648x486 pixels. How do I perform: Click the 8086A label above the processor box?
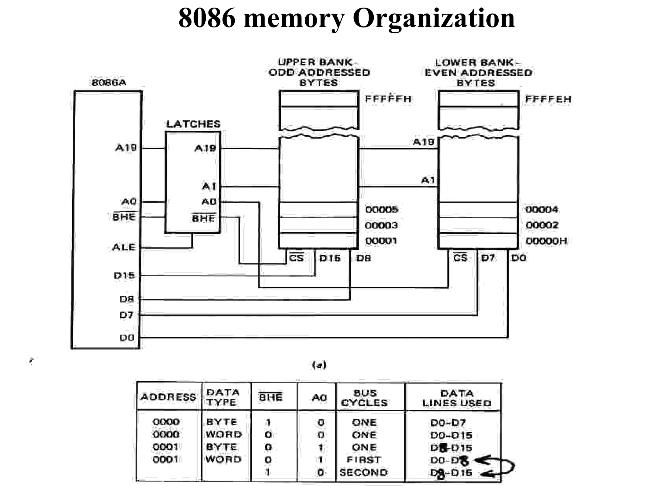coord(109,83)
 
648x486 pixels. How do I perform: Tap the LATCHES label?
coord(193,124)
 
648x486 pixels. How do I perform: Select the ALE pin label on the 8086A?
coord(123,247)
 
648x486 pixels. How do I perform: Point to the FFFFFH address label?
coord(388,99)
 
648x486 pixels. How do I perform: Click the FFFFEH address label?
coord(548,99)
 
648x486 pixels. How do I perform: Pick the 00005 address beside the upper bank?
coord(381,209)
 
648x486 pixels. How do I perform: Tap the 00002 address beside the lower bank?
coord(542,225)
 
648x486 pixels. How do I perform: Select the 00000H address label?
coord(546,241)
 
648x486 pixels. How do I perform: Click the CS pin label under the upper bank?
coord(296,258)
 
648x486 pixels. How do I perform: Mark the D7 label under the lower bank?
coord(488,258)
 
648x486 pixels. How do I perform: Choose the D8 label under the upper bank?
coord(363,258)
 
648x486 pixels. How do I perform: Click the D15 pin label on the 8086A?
coord(124,275)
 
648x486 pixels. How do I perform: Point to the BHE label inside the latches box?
coord(203,218)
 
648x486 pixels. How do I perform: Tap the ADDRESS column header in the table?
coord(168,397)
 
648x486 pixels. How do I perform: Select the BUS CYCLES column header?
coord(364,398)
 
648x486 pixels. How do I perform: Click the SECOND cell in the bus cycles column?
coord(363,472)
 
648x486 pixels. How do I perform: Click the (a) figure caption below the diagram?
coord(319,365)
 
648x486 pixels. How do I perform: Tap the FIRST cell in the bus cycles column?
coord(364,460)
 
